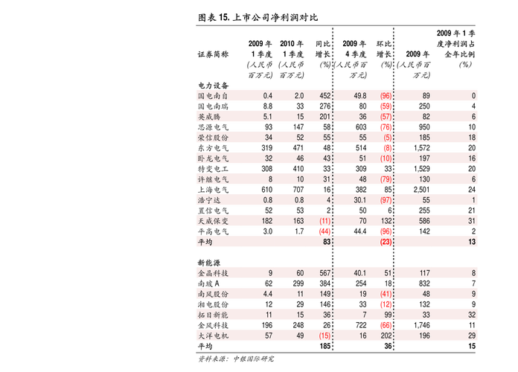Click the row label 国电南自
coord(213,96)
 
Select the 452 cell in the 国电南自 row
coord(324,96)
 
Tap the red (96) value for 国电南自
coord(386,96)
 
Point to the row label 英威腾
coord(208,117)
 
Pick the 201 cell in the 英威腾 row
coord(324,117)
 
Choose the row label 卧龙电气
coord(213,158)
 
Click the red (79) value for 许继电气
coord(386,179)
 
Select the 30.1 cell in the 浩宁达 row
coord(360,200)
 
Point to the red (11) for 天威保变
coord(324,221)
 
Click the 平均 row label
coord(205,242)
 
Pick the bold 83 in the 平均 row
coord(326,242)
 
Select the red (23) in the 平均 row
coord(386,242)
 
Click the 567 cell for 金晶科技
coord(324,273)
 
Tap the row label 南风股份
coord(213,294)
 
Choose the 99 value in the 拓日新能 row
coord(388,315)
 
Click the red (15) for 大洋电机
coord(324,336)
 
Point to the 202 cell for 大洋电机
coord(386,336)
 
